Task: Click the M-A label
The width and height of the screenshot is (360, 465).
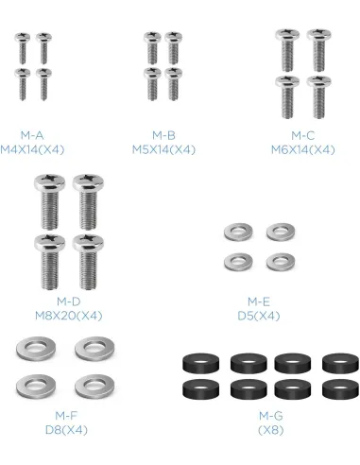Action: click(32, 135)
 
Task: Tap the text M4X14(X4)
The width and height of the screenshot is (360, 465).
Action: click(32, 149)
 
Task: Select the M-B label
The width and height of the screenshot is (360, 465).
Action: click(163, 135)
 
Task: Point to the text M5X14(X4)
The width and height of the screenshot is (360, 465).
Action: click(163, 149)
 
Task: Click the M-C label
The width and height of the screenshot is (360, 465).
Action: click(302, 135)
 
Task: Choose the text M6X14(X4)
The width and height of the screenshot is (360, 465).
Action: click(302, 149)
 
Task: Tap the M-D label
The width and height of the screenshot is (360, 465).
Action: click(68, 301)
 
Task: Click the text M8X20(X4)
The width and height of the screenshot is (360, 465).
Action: click(68, 316)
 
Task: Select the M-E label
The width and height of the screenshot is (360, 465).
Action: click(259, 301)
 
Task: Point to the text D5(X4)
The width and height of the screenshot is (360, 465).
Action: click(259, 316)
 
